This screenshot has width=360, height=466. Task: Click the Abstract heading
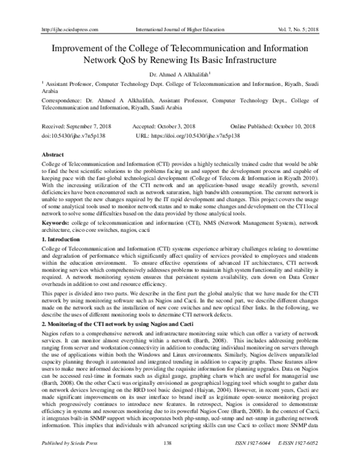point(52,154)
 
